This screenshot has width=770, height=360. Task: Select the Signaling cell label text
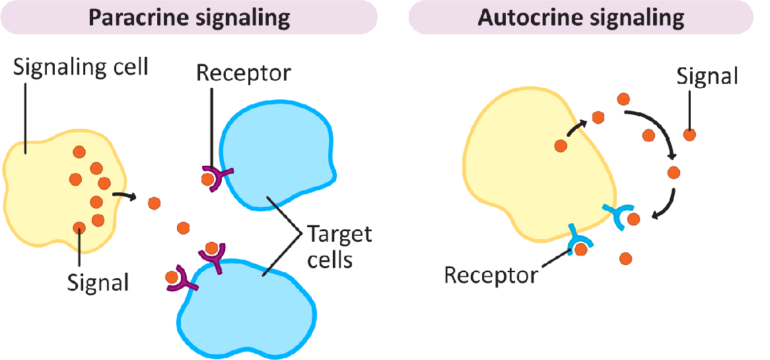(81, 67)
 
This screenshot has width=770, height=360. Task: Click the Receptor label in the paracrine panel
(243, 72)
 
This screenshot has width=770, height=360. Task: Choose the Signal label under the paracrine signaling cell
(98, 282)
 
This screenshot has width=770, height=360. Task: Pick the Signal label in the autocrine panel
(707, 77)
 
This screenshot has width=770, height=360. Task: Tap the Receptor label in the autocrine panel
(491, 274)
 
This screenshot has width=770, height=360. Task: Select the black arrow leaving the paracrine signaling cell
(124, 196)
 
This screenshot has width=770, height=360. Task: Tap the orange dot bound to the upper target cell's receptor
(208, 178)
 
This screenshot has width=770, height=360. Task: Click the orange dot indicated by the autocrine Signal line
(689, 135)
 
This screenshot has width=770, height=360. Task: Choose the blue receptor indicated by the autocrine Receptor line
(579, 239)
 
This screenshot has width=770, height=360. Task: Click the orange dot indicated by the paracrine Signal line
(79, 228)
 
